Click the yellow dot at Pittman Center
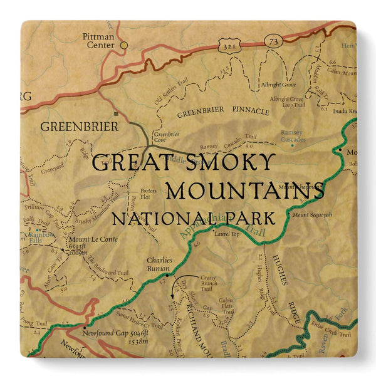click(x=123, y=44)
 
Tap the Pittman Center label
click(x=99, y=41)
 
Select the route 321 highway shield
click(x=227, y=45)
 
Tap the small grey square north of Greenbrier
click(x=115, y=114)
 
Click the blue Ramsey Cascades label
click(x=291, y=136)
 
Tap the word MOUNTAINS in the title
click(x=248, y=190)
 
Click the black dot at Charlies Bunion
click(x=167, y=274)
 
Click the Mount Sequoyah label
click(x=311, y=216)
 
